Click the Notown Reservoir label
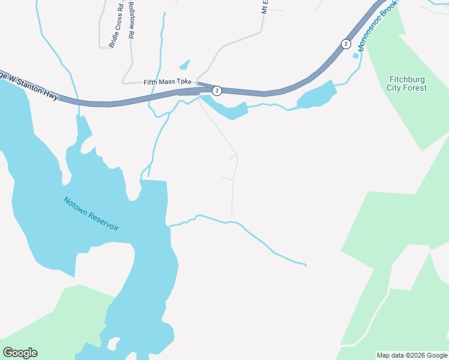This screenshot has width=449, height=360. (91, 214)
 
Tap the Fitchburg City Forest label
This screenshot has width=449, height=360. (408, 83)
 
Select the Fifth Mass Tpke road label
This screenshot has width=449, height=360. (167, 82)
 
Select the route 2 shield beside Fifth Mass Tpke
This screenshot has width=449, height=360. (217, 91)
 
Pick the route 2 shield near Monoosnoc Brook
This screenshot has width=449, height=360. (345, 44)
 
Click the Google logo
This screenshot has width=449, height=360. (20, 353)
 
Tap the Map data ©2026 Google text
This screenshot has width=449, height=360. (412, 355)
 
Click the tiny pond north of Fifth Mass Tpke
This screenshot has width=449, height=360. (184, 65)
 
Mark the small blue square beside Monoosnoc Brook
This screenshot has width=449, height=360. (355, 56)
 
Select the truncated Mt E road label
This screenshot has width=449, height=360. (264, 7)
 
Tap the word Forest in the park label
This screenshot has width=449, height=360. (415, 88)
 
